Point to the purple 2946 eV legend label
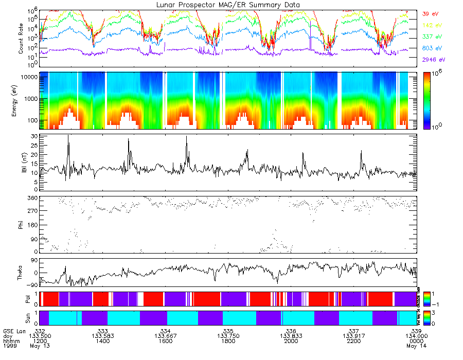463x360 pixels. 432,60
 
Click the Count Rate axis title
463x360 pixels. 21,39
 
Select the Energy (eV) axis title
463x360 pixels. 21,100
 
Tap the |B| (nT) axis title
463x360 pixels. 24,163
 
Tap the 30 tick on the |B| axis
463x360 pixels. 35,136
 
